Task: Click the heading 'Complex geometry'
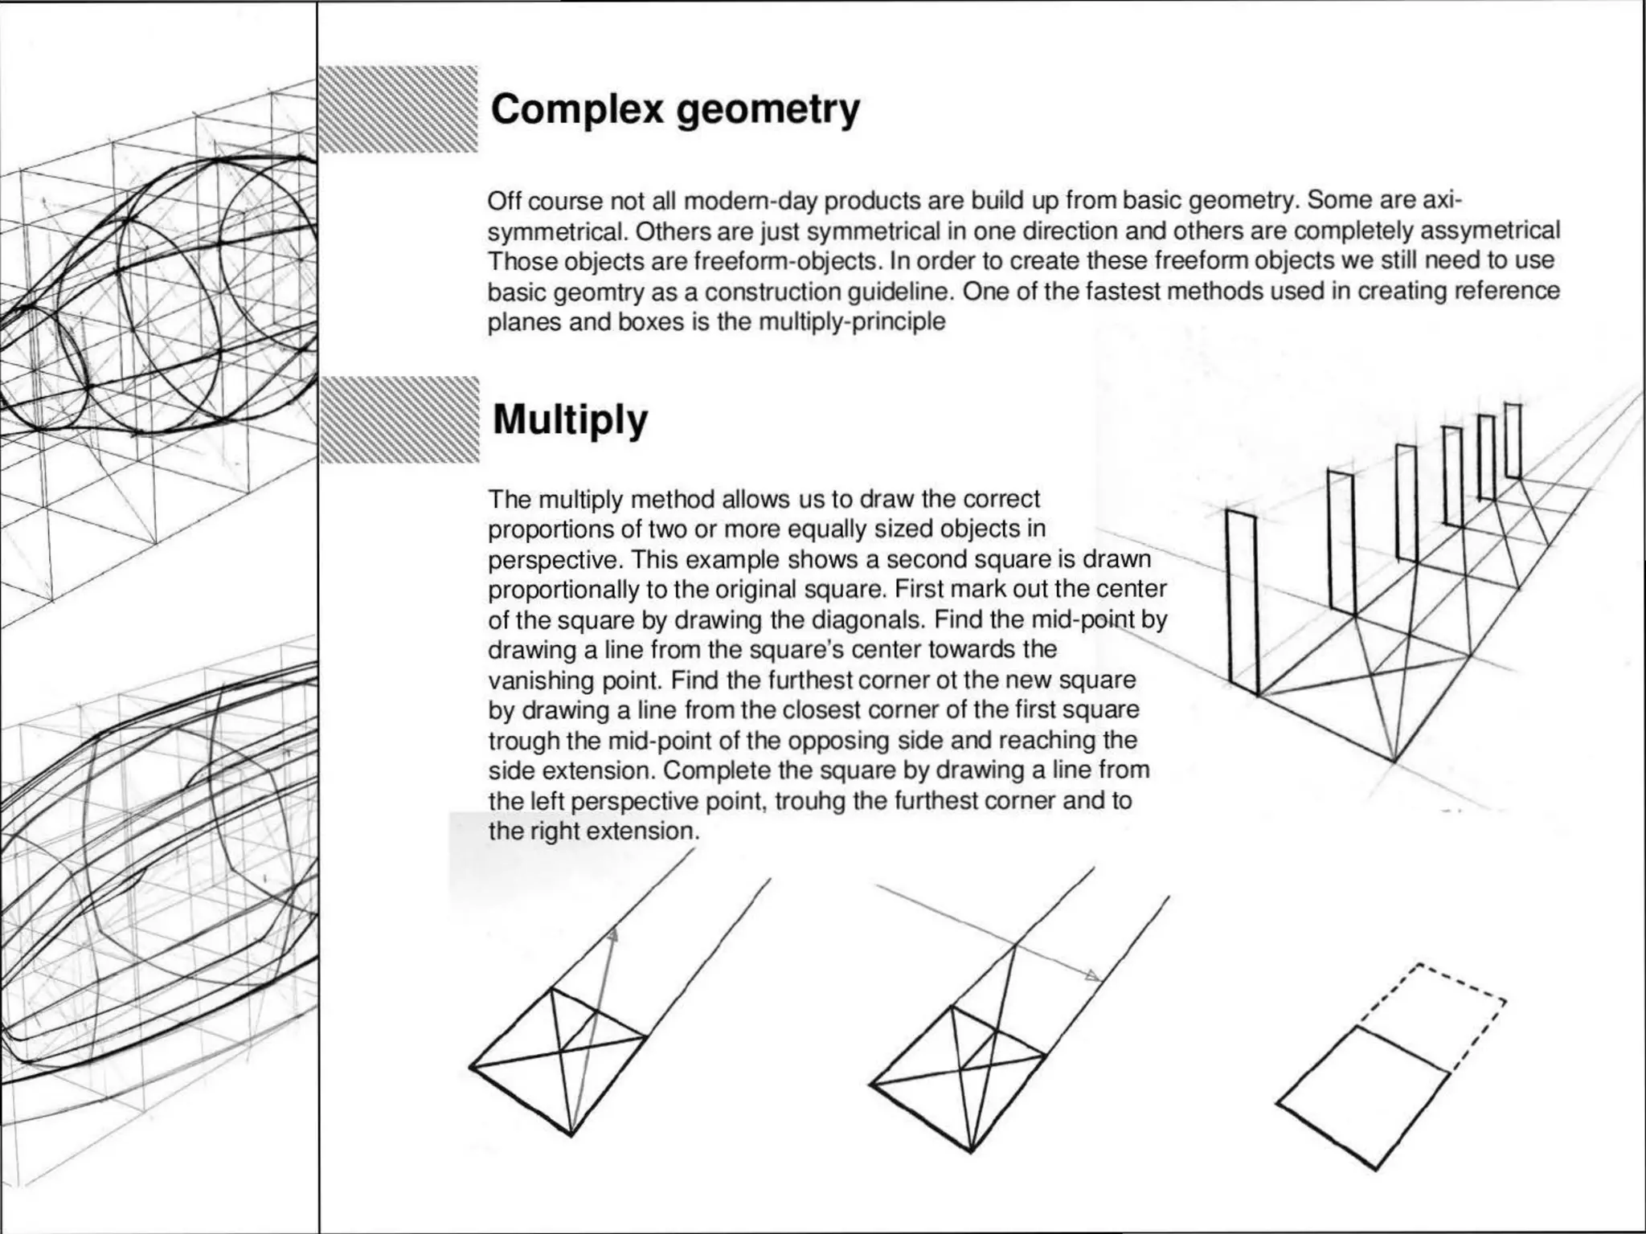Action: pyautogui.click(x=675, y=109)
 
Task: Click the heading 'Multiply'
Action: pyautogui.click(x=570, y=419)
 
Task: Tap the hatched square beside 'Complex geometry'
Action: pyautogui.click(x=399, y=109)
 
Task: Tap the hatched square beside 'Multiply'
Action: pyautogui.click(x=399, y=419)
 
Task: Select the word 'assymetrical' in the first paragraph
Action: pyautogui.click(x=1490, y=231)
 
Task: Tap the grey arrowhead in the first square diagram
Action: pyautogui.click(x=613, y=934)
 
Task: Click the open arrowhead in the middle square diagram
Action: pyautogui.click(x=1092, y=976)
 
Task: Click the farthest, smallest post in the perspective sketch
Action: pyautogui.click(x=1513, y=441)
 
